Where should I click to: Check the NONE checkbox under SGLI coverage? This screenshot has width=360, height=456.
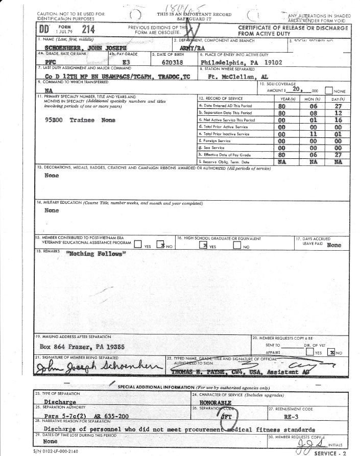click(x=330, y=90)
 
